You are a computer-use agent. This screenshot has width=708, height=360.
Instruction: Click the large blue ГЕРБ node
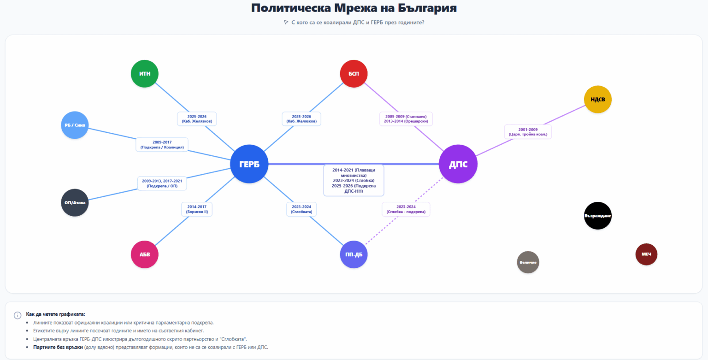click(x=249, y=164)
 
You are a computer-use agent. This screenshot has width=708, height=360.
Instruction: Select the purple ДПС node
click(x=458, y=164)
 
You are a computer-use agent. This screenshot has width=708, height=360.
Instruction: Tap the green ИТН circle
click(x=144, y=73)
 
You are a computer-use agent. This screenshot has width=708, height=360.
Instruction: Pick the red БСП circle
click(x=354, y=73)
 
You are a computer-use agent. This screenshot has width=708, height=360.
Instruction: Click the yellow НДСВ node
click(x=597, y=99)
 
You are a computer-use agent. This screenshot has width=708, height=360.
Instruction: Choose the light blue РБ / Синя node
click(x=74, y=125)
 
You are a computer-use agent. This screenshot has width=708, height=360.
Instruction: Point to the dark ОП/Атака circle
click(x=74, y=202)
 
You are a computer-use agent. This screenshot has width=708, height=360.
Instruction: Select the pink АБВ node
click(x=144, y=254)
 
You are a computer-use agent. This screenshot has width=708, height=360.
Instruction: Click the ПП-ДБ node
click(x=354, y=254)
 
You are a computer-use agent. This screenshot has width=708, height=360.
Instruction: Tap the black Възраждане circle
click(x=597, y=215)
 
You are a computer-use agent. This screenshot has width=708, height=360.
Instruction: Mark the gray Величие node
click(x=528, y=262)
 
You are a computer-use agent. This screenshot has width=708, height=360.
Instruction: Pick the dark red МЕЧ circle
click(x=646, y=254)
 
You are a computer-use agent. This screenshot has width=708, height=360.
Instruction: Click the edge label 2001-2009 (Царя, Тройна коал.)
click(x=528, y=132)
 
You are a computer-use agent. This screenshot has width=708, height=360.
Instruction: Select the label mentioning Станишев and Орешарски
click(x=406, y=119)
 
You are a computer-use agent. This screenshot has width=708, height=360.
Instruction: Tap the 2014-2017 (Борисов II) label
click(x=197, y=209)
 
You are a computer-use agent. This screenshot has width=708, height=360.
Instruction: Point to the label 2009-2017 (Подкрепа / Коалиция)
click(x=162, y=145)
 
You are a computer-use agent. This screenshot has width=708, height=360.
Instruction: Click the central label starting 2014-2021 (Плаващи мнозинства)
click(x=354, y=180)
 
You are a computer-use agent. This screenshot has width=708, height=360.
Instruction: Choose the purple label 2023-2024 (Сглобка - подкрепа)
click(x=406, y=209)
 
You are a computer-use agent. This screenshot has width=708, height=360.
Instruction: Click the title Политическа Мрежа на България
click(x=354, y=8)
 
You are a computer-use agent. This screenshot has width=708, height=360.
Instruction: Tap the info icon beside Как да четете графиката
click(x=18, y=315)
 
